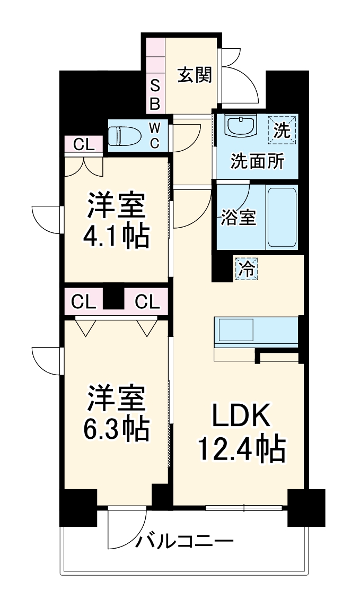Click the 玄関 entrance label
point(194,75)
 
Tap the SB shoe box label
point(155,94)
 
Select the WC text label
point(154,136)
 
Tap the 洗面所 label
point(256,161)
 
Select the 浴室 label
point(239,218)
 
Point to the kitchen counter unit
point(256,331)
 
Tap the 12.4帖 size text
point(242,450)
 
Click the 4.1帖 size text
point(116,237)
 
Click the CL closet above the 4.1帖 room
point(83,144)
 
